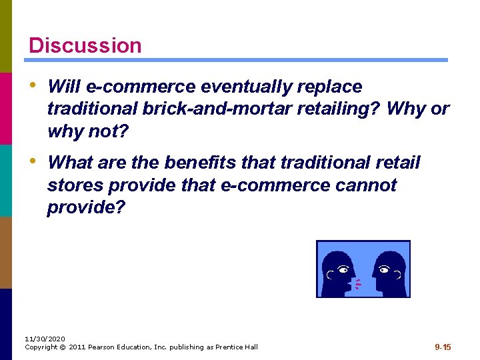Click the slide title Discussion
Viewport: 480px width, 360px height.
[x=85, y=45]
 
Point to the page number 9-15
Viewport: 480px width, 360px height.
[x=443, y=347]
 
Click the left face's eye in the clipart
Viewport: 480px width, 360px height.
[x=343, y=270]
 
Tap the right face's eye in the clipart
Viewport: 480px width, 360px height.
[x=383, y=270]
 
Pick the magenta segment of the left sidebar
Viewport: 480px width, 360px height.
[x=6, y=108]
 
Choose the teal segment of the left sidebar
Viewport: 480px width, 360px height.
[x=6, y=180]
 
